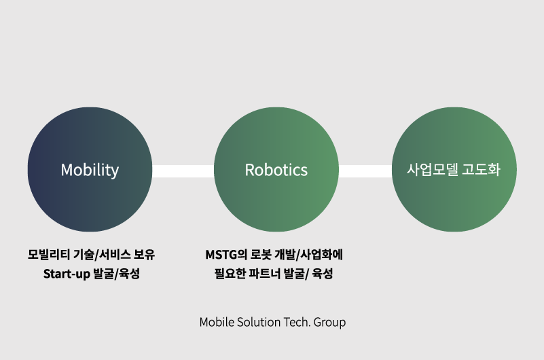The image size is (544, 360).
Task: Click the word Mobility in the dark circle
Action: pos(90,170)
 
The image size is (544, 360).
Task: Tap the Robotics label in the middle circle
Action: pos(276,170)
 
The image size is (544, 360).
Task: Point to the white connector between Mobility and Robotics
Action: pos(183,170)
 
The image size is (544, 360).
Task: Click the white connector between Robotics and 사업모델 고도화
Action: pos(365,170)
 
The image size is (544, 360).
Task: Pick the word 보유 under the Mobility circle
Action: pos(145,255)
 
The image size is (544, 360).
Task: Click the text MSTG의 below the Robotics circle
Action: pos(225,255)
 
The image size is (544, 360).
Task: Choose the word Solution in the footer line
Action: pos(257,322)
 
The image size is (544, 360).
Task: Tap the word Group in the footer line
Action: pos(329,322)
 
